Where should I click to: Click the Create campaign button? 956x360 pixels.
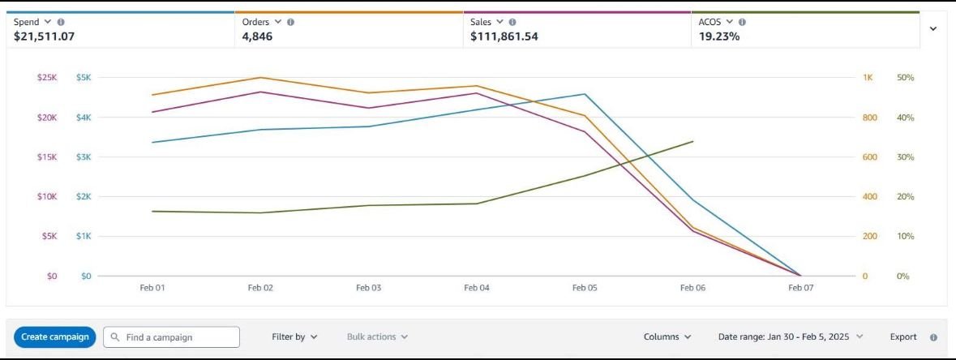(55, 336)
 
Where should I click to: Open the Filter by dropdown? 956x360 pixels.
(294, 336)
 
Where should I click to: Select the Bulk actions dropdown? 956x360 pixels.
(377, 336)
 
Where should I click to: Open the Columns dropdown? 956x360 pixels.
(667, 336)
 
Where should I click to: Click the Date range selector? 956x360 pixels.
(791, 336)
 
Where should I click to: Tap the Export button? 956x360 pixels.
(903, 336)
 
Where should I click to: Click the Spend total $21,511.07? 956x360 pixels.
(50, 36)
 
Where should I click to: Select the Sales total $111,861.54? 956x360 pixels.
(504, 36)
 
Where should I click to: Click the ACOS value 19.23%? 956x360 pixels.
(719, 36)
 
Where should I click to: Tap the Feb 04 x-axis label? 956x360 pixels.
(477, 288)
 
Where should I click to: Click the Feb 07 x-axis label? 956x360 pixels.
(800, 288)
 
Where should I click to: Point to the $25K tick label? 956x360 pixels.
(47, 78)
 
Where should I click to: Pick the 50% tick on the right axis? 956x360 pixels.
(905, 78)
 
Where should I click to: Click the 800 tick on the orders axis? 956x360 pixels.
(869, 118)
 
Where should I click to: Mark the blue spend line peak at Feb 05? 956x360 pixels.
(585, 94)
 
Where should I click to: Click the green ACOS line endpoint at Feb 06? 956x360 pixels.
(693, 141)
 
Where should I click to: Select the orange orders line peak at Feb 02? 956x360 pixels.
(261, 78)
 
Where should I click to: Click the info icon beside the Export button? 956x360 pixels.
(933, 337)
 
